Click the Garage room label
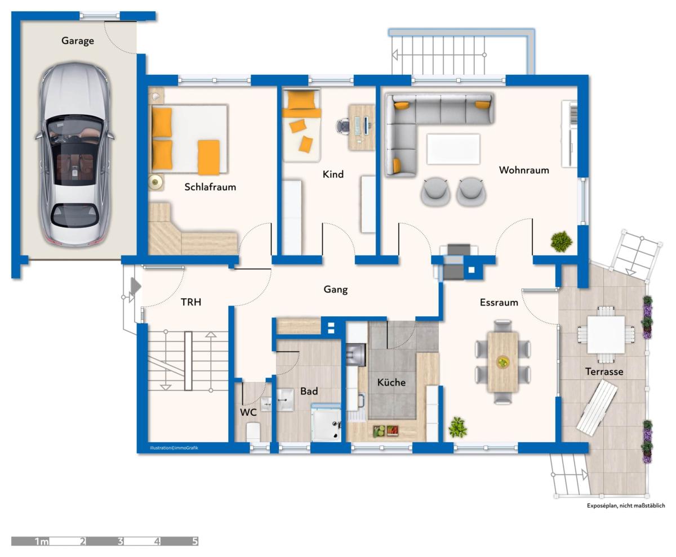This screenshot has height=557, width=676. (x=78, y=41)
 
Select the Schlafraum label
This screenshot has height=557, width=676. (x=210, y=187)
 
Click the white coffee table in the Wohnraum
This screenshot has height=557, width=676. (x=453, y=149)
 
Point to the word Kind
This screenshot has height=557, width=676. (x=333, y=174)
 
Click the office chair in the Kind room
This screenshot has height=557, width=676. (x=343, y=125)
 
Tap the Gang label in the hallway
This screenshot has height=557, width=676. (x=335, y=290)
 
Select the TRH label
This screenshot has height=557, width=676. (x=191, y=302)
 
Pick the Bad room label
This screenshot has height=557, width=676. (x=309, y=391)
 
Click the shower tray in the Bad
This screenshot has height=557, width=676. (x=326, y=423)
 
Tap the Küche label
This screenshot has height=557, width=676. (x=391, y=383)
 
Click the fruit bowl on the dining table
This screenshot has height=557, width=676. (x=502, y=362)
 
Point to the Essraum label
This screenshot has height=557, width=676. (x=499, y=303)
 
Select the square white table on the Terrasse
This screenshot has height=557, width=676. (x=606, y=335)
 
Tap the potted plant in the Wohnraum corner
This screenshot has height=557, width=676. (x=562, y=241)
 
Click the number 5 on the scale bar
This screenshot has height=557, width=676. (x=194, y=541)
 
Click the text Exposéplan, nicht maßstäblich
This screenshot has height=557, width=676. (x=626, y=506)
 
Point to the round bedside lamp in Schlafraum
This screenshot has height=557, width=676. (x=155, y=182)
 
